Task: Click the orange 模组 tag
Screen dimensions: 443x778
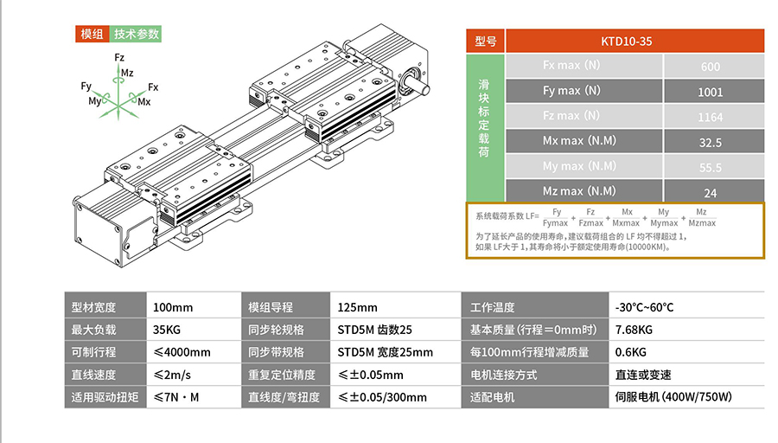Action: (x=92, y=34)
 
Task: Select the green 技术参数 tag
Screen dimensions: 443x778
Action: (x=137, y=34)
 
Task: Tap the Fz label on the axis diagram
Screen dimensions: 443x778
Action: (x=119, y=57)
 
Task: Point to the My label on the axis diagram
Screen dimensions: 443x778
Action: (x=94, y=101)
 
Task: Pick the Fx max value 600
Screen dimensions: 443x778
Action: (x=710, y=67)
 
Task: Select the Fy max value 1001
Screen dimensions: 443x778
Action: (x=710, y=92)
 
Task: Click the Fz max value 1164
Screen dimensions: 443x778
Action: (x=710, y=117)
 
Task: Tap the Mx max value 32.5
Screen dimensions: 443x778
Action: (x=710, y=142)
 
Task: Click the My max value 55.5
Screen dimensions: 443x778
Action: (x=710, y=167)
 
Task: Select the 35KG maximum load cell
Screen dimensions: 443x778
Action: (x=169, y=330)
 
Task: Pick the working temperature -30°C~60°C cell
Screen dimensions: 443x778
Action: (x=644, y=307)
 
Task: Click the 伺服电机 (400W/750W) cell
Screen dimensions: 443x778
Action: (x=673, y=397)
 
